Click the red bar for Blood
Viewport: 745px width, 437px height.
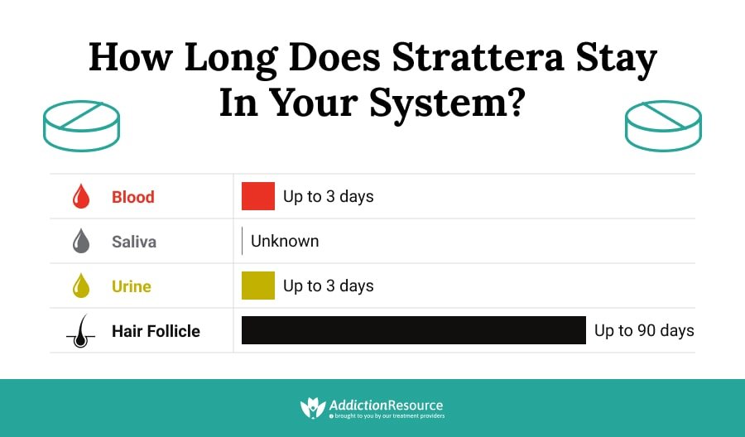[x=257, y=196]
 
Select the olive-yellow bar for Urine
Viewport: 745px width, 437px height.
[x=257, y=286]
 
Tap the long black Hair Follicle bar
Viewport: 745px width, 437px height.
[x=413, y=330]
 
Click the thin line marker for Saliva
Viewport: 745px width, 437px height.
[x=242, y=241]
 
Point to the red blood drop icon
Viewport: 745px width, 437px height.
[x=81, y=197]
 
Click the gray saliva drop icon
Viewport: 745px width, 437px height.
[x=81, y=242]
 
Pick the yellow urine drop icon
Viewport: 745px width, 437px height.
[x=81, y=286]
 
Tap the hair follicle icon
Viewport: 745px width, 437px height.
[x=80, y=331]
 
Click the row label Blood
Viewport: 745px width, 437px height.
[x=132, y=197]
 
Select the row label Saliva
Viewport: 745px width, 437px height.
[x=134, y=242]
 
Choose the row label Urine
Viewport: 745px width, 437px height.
[x=132, y=286]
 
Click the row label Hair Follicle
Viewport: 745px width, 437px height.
[x=156, y=331]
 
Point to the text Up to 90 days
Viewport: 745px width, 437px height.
[x=644, y=331]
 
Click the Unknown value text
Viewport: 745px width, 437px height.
[x=285, y=242]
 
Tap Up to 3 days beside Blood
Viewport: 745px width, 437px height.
[x=328, y=197]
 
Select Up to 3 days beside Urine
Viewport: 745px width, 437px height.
[x=328, y=286]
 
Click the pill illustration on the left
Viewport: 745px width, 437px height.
[x=81, y=126]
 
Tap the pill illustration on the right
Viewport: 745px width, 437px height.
[x=663, y=126]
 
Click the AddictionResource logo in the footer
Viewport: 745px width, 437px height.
[x=372, y=407]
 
